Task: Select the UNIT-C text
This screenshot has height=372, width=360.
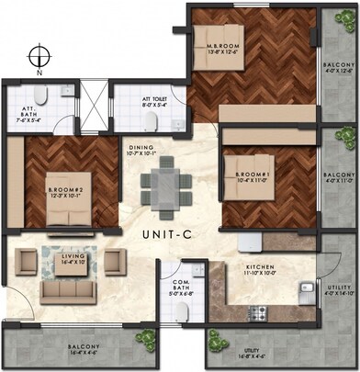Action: (x=169, y=236)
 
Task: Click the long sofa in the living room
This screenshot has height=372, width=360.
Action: (x=67, y=290)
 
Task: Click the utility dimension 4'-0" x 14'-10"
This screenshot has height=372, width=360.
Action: (x=338, y=293)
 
